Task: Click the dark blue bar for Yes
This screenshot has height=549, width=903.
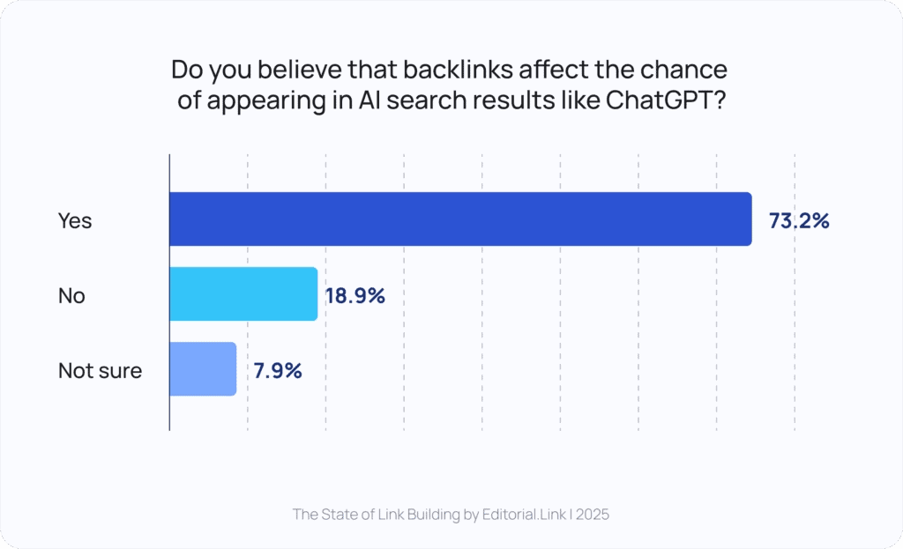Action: point(459,219)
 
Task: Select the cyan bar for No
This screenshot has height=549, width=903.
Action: point(243,294)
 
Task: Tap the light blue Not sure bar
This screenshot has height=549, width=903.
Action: point(202,369)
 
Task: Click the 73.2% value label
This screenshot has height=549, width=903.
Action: point(798,220)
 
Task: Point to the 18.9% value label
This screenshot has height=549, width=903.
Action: point(355,296)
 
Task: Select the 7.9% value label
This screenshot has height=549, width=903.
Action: point(278,371)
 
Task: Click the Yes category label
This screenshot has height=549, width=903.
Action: point(75,220)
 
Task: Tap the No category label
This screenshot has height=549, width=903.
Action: point(71,296)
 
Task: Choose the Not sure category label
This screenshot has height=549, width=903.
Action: point(100,371)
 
